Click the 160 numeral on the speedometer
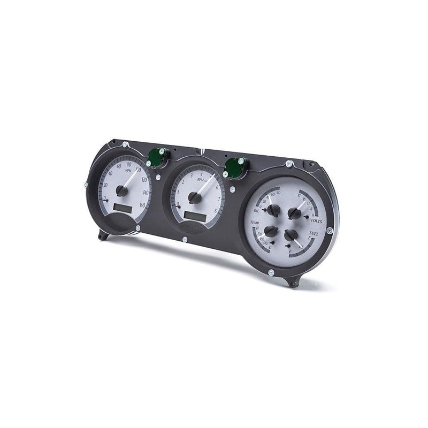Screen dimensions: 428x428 click(x=141, y=205)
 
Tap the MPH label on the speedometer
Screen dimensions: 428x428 click(x=128, y=172)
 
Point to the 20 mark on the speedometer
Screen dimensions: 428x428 click(x=105, y=186)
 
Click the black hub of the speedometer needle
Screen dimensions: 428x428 click(x=122, y=190)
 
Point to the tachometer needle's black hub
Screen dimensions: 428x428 click(x=195, y=198)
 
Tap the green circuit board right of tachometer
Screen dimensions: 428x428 click(x=233, y=168)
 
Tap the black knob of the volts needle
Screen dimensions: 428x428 click(x=294, y=213)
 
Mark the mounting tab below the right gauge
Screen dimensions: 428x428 click(x=293, y=281)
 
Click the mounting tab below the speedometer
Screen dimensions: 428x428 click(x=103, y=235)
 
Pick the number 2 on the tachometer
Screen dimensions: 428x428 click(x=183, y=182)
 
